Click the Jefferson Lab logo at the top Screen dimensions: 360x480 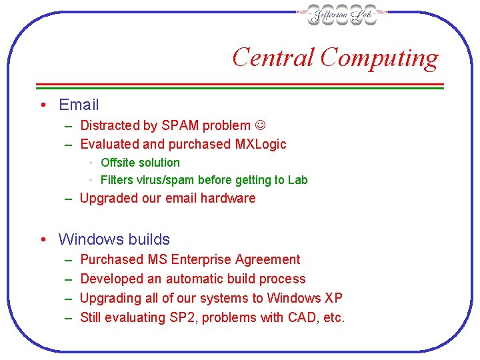[342, 15]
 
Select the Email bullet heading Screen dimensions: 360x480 [79, 105]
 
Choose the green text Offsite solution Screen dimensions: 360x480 [140, 163]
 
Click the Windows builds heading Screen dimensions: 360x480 [114, 239]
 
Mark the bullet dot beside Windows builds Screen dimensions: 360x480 [42, 240]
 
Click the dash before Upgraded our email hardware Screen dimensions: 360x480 [69, 199]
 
